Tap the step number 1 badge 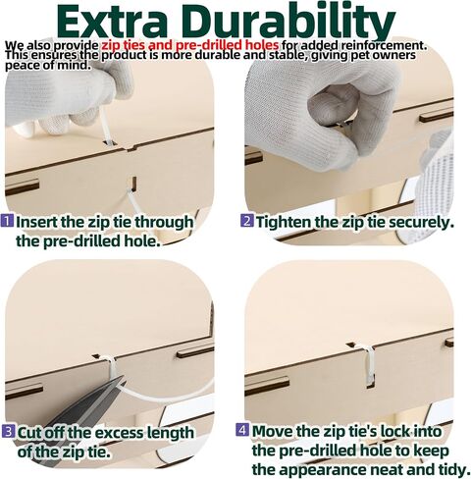[8, 220]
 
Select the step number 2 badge [247, 220]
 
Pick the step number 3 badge [8, 431]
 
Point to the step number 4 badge [242, 429]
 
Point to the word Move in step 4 [273, 431]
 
